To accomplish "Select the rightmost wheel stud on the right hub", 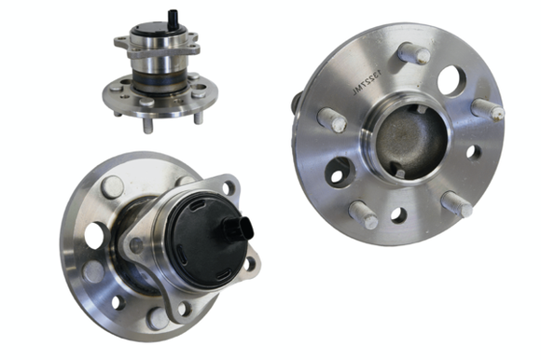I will (x=488, y=109).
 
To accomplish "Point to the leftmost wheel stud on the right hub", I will (x=332, y=119).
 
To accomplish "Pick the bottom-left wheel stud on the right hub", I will (x=364, y=215).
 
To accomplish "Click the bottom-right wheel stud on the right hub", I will (x=456, y=202).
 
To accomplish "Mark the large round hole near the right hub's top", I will (x=451, y=80).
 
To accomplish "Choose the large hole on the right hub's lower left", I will (x=340, y=172).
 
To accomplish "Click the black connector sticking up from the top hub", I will (x=172, y=19).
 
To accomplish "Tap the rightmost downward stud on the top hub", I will (x=199, y=116).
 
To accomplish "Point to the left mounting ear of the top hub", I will (x=121, y=42).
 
